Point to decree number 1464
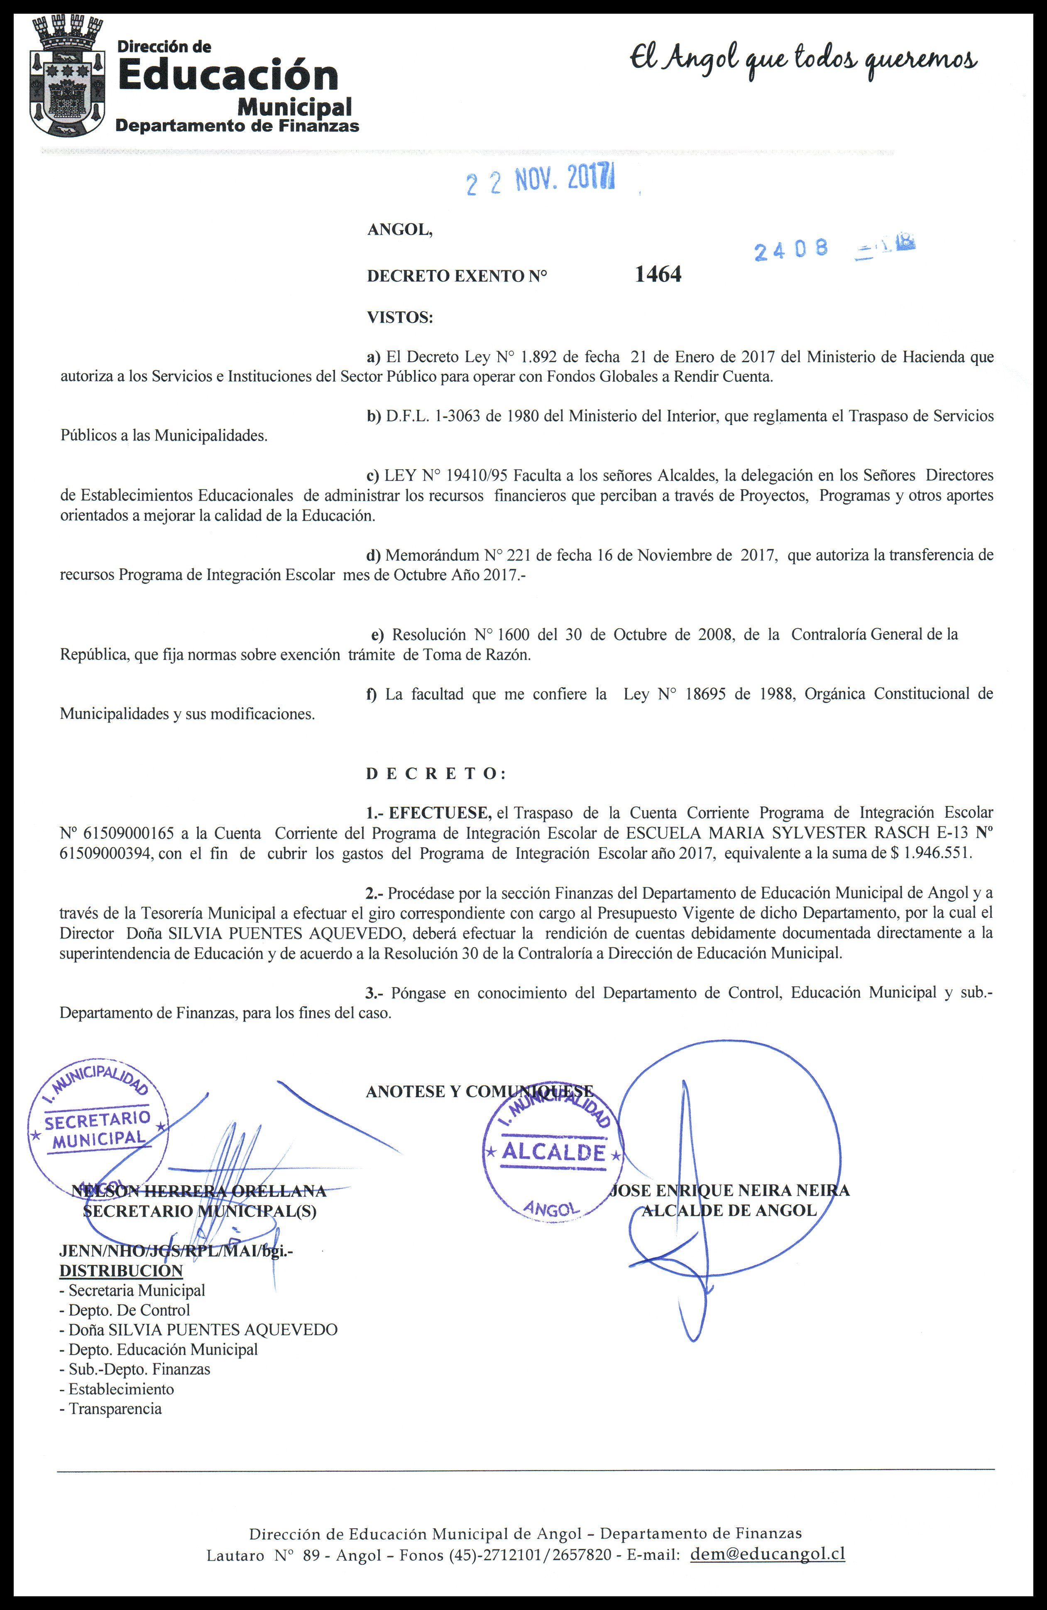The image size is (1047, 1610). point(658,274)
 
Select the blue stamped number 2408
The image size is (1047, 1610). point(791,250)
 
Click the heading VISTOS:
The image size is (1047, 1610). point(400,316)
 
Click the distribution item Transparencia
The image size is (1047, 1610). point(115,1409)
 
